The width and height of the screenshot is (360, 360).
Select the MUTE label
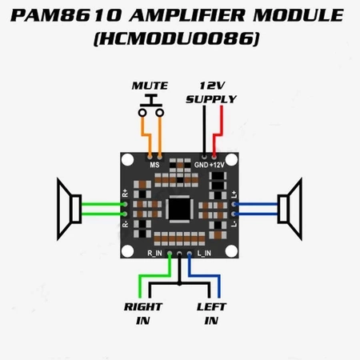click(x=151, y=86)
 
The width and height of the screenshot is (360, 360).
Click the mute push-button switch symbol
click(x=151, y=105)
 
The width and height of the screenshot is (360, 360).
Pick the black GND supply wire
click(x=203, y=128)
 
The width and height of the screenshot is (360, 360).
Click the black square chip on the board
click(x=180, y=209)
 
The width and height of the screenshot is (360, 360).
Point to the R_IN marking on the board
click(x=157, y=253)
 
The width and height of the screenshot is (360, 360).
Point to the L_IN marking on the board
click(x=204, y=253)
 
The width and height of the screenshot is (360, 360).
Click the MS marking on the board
click(x=154, y=163)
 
